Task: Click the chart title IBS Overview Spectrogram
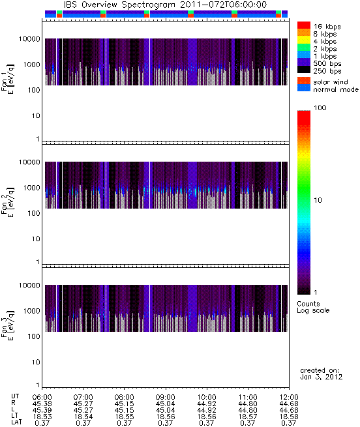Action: (119, 5)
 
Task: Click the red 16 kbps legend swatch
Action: (304, 25)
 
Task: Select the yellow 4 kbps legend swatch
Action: (304, 40)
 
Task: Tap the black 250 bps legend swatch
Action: (304, 70)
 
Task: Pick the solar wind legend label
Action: (330, 82)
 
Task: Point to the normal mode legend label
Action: (336, 89)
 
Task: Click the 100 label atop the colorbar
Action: (320, 108)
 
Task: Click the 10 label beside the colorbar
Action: (318, 200)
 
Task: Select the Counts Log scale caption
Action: (313, 307)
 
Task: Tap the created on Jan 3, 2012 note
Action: (321, 374)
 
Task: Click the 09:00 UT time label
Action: (166, 397)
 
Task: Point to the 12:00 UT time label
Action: (289, 397)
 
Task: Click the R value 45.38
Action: (42, 404)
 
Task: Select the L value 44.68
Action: (289, 410)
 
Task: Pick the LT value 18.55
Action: (125, 417)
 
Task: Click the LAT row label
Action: (16, 422)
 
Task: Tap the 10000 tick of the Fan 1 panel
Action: (29, 39)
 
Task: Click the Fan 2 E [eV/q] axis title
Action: (8, 202)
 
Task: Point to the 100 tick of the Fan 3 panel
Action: (34, 336)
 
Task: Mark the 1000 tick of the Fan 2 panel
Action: (32, 188)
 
